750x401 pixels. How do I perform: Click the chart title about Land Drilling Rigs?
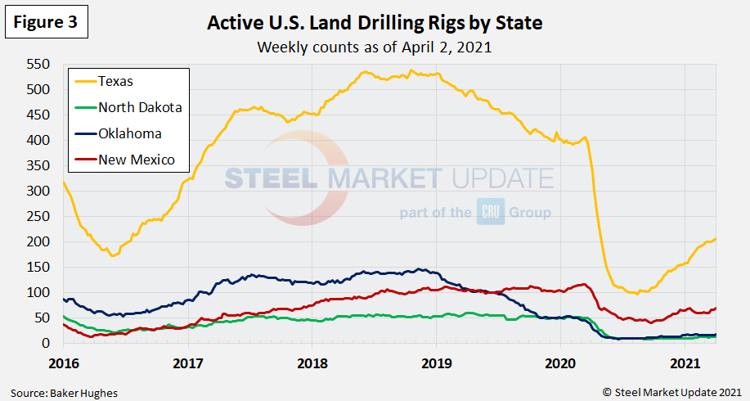(x=375, y=23)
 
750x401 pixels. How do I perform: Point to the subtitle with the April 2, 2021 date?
(x=375, y=47)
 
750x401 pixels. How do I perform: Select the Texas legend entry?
(x=115, y=81)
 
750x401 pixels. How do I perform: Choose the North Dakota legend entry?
(x=139, y=107)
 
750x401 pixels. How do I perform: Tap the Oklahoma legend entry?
(x=129, y=133)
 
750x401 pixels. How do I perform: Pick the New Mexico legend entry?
(x=136, y=160)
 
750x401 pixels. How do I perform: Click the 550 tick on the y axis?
(x=38, y=65)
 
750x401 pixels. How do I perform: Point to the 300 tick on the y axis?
(x=38, y=191)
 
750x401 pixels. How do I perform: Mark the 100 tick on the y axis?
(x=38, y=293)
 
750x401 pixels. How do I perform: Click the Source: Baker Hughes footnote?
(x=65, y=393)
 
